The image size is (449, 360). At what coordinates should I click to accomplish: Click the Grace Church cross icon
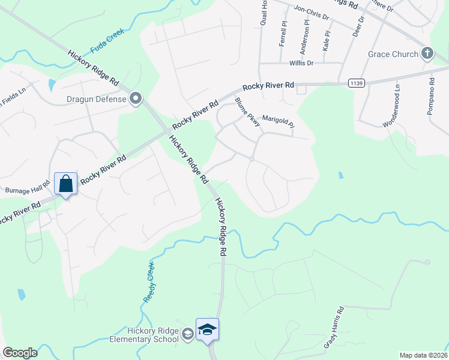(427, 54)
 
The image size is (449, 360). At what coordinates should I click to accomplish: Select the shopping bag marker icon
(65, 184)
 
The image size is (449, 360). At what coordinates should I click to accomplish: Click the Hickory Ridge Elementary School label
(153, 335)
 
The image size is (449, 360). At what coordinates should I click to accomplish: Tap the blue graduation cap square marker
(208, 329)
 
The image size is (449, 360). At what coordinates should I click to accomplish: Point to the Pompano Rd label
(431, 96)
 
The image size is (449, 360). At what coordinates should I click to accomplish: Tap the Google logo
(20, 353)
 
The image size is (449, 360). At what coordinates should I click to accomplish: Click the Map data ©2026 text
(423, 355)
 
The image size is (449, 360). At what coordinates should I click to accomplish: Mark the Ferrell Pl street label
(282, 35)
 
